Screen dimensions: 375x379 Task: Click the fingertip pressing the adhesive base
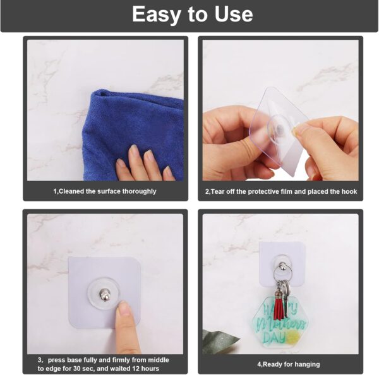124,309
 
